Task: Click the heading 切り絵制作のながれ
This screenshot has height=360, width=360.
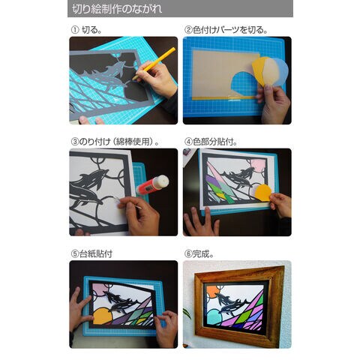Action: [117, 9]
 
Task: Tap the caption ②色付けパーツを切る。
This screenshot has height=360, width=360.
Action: [226, 30]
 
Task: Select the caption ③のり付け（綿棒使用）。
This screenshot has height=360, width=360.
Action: [115, 142]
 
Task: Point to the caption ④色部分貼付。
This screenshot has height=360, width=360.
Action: [211, 142]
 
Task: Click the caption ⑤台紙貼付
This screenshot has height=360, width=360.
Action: [91, 254]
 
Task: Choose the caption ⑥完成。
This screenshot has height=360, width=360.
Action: [199, 254]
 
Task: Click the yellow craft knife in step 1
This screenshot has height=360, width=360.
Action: [154, 63]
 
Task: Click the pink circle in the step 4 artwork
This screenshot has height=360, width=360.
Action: [258, 166]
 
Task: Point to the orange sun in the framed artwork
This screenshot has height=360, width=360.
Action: [213, 292]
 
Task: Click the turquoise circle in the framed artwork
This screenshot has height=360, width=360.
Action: [214, 317]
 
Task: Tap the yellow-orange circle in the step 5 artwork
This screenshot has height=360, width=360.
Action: [102, 316]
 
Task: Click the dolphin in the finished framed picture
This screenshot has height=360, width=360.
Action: [230, 303]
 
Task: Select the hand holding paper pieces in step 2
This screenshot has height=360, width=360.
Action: [274, 103]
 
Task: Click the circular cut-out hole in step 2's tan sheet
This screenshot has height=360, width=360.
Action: [244, 84]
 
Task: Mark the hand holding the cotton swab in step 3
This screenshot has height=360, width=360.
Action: [139, 215]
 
